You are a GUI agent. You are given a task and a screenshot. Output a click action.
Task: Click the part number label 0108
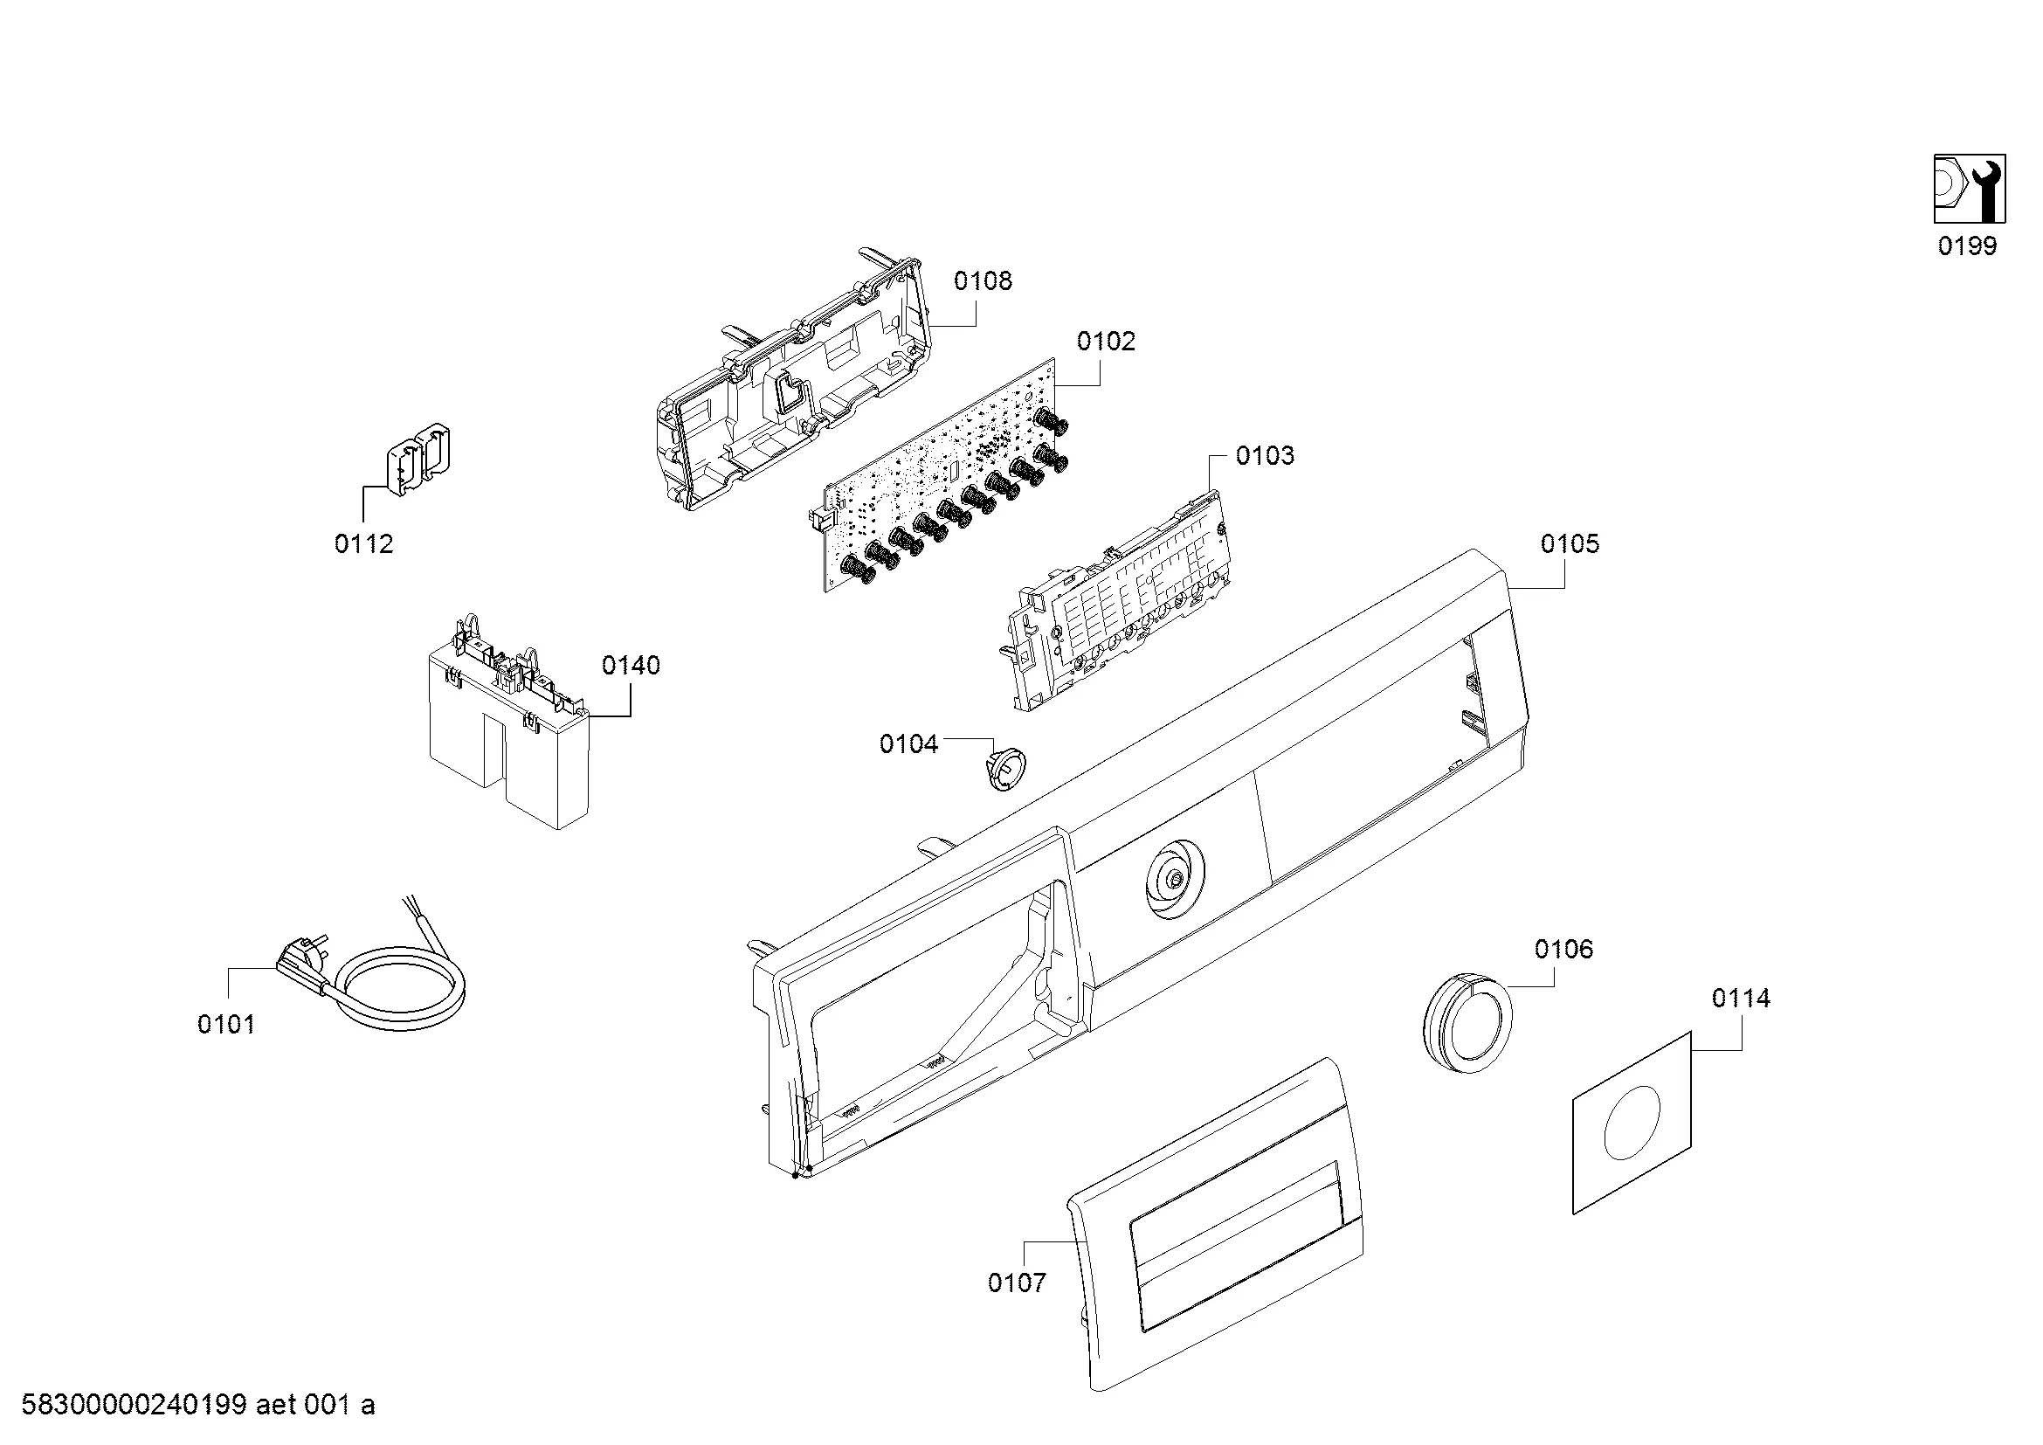[983, 281]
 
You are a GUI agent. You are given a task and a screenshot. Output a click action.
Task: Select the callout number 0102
[1106, 342]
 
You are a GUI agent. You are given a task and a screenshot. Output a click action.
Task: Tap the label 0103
[1265, 455]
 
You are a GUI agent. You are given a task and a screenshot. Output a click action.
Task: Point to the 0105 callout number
[1570, 543]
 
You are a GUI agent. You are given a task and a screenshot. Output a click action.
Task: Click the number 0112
[364, 543]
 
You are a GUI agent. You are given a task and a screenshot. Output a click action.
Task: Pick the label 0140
[631, 666]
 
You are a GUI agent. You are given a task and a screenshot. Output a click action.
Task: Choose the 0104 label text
[908, 743]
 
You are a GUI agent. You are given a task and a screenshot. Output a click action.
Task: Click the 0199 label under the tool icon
[1967, 245]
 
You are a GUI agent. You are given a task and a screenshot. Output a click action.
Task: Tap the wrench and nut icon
[1969, 189]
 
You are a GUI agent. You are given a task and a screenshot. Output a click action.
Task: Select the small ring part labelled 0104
[1004, 767]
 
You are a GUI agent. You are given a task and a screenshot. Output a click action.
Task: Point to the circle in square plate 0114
[1632, 1122]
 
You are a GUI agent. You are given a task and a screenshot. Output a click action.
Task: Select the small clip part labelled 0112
[417, 459]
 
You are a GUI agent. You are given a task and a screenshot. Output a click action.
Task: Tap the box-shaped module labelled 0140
[509, 721]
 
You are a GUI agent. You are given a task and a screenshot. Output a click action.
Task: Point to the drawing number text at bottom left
[197, 1405]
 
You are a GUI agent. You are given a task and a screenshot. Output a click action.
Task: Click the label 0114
[1741, 999]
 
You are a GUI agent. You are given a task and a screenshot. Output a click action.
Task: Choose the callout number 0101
[226, 1025]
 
